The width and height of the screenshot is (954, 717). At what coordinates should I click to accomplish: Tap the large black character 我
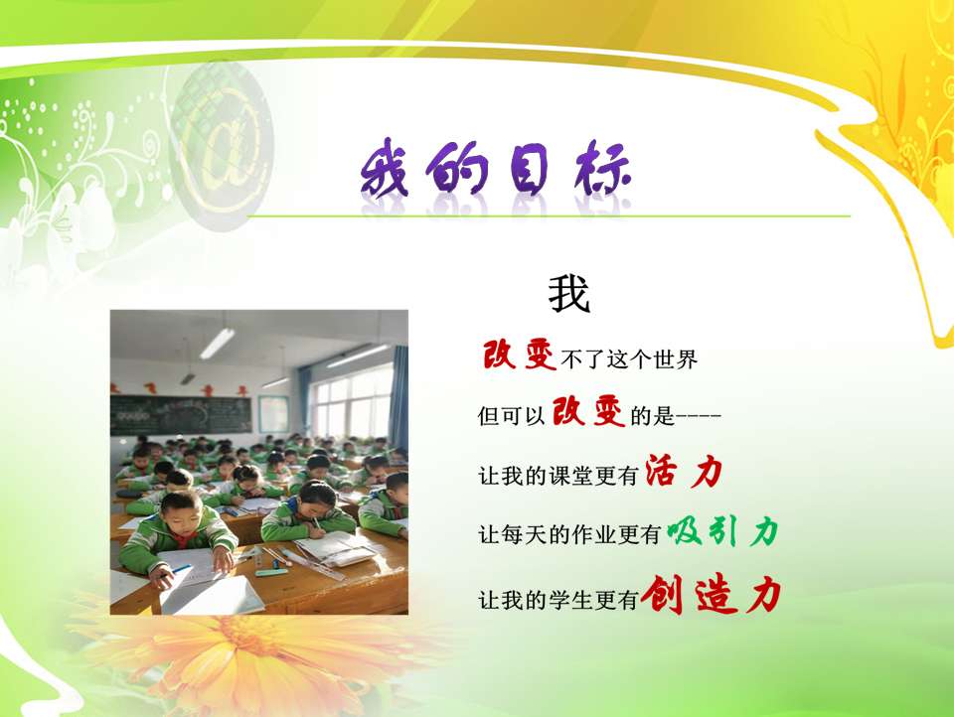pyautogui.click(x=569, y=294)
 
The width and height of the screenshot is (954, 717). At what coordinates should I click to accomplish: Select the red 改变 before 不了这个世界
pyautogui.click(x=520, y=355)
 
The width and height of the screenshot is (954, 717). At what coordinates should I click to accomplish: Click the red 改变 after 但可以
pyautogui.click(x=588, y=411)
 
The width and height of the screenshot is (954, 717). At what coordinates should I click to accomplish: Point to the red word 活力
pyautogui.click(x=684, y=472)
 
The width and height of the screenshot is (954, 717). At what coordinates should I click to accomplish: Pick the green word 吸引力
pyautogui.click(x=722, y=531)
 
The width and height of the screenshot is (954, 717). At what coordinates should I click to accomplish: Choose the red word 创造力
pyautogui.click(x=711, y=594)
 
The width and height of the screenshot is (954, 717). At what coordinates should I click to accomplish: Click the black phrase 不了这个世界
pyautogui.click(x=629, y=359)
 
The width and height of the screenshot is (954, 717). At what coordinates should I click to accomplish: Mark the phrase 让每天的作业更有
pyautogui.click(x=569, y=534)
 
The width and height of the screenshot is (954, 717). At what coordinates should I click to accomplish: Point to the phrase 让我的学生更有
pyautogui.click(x=557, y=600)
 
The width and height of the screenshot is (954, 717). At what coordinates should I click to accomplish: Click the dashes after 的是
pyautogui.click(x=699, y=416)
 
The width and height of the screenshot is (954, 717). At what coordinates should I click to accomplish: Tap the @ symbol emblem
pyautogui.click(x=221, y=146)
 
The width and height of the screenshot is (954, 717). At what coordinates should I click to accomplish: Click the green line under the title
pyautogui.click(x=549, y=215)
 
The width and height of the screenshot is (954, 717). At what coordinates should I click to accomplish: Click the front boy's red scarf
pyautogui.click(x=183, y=538)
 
